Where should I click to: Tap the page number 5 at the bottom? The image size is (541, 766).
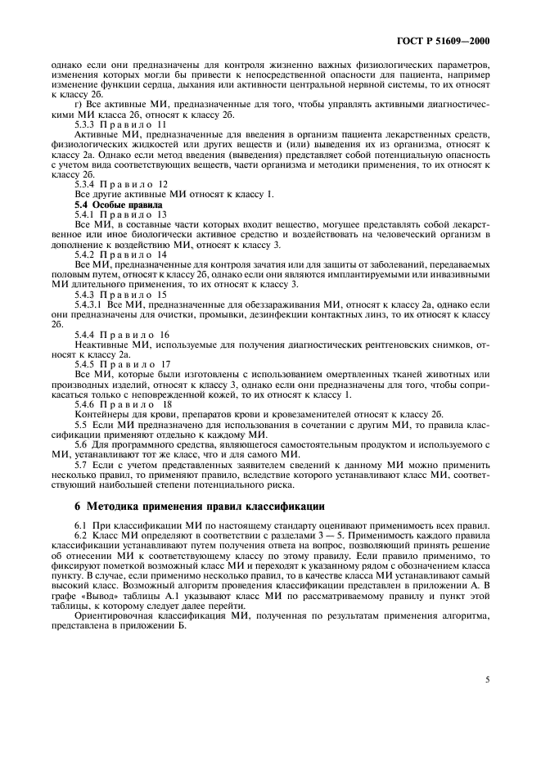pos(486,679)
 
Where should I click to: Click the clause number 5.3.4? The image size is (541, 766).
pos(85,184)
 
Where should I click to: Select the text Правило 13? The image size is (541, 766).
pos(133,214)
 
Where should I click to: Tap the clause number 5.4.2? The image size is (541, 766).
pos(85,254)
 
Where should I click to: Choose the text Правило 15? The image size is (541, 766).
pos(134,294)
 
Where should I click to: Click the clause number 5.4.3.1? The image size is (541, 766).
pos(88,304)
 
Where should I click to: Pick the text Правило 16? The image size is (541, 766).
pos(134,335)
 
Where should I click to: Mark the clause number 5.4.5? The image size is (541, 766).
pos(85,363)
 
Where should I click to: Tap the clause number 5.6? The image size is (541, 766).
pos(80,444)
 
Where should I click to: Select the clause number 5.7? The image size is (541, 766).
pos(80,464)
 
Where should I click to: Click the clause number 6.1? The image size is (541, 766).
pos(80,524)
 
